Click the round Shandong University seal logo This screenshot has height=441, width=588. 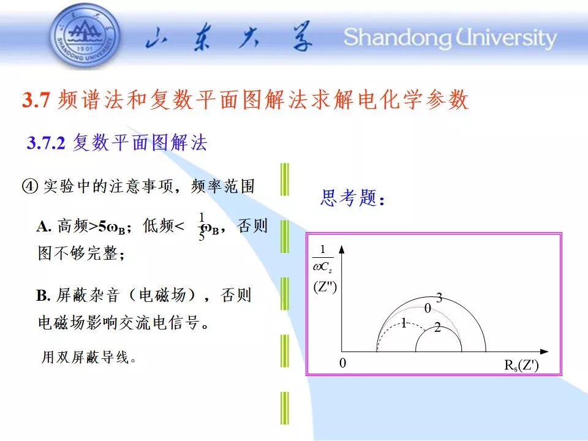[85, 36]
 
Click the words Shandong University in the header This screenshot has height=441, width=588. [450, 37]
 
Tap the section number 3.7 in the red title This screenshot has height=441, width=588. [36, 100]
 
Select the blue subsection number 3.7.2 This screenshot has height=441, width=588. [46, 143]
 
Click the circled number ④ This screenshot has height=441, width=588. [30, 186]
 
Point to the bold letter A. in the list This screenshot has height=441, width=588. [44, 227]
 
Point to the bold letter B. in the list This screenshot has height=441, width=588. [43, 295]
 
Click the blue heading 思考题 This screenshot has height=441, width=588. [353, 198]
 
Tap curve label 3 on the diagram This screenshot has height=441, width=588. [439, 298]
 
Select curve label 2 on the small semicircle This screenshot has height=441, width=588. [437, 328]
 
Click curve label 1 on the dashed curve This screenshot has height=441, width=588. [404, 323]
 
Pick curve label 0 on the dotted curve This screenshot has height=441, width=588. [428, 309]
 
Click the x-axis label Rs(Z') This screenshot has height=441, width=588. [522, 365]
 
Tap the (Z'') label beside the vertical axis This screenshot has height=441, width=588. [325, 287]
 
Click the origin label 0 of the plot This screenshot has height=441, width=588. [343, 363]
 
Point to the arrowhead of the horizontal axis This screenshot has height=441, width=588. [544, 352]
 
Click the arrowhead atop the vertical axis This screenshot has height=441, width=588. [341, 250]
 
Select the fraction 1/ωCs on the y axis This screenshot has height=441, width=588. [323, 259]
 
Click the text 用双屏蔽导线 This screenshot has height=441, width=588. [88, 357]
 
